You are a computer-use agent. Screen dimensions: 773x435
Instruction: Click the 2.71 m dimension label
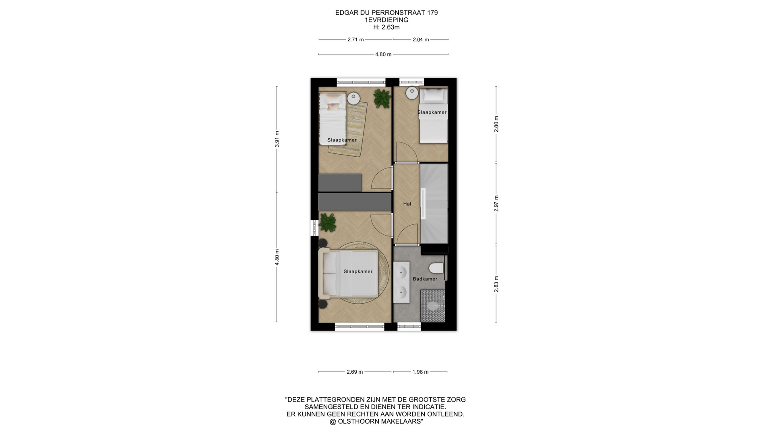click(x=355, y=39)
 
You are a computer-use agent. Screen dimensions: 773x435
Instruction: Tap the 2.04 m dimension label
click(x=421, y=39)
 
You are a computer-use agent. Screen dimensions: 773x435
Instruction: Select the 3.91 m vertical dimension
click(x=277, y=139)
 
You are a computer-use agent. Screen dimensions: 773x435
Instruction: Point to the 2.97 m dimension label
click(x=496, y=203)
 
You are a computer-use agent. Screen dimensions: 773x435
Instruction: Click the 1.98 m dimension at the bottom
click(x=420, y=372)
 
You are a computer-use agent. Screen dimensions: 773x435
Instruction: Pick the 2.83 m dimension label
click(x=496, y=284)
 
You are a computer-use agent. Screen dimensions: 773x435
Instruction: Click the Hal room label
click(x=407, y=204)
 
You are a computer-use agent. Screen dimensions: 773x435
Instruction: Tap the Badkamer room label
click(x=425, y=279)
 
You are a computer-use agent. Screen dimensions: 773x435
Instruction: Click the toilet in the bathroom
click(x=436, y=268)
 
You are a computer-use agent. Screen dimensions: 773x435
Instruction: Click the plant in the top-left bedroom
click(x=382, y=98)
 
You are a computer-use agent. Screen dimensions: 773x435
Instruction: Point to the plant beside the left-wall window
click(x=328, y=223)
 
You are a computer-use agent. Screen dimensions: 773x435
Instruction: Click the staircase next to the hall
click(x=434, y=203)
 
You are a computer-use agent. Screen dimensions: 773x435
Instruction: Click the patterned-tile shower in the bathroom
click(x=433, y=305)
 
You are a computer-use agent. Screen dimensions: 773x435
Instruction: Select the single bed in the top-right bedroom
click(x=434, y=116)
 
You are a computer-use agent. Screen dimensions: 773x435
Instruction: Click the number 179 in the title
click(x=432, y=12)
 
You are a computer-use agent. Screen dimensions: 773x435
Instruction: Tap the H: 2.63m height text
click(x=386, y=27)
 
